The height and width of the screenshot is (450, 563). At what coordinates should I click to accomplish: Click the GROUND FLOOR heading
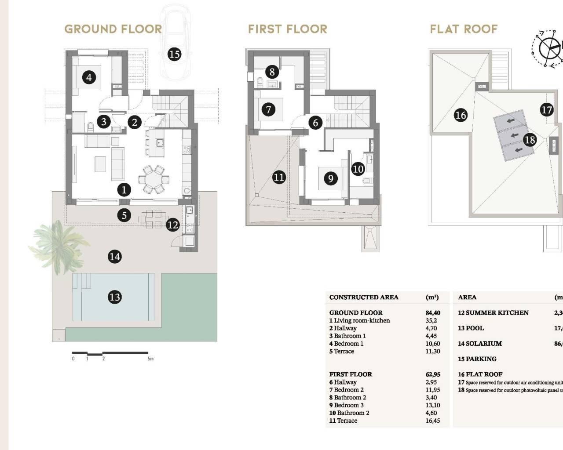coord(113,29)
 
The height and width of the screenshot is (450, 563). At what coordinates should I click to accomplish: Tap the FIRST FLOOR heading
coord(288,29)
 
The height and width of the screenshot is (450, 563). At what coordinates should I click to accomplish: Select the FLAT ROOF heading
coord(464,29)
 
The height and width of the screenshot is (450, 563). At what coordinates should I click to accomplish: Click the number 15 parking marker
coord(174,54)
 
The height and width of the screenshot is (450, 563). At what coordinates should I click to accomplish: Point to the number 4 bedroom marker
coord(89,78)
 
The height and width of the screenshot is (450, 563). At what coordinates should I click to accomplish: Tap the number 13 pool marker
coord(114,297)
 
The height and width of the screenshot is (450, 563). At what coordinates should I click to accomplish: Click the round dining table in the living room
coord(154,179)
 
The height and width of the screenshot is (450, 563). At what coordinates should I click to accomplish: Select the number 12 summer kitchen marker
coord(173,225)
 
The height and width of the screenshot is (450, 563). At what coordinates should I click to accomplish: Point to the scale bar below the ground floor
coord(110,353)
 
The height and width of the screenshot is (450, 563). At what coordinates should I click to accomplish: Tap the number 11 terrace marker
coord(279,177)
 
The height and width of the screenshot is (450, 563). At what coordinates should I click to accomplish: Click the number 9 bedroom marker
coord(330,178)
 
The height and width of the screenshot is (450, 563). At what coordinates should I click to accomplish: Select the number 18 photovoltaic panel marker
coord(530,140)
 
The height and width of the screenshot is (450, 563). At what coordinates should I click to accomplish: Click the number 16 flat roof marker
coord(461,115)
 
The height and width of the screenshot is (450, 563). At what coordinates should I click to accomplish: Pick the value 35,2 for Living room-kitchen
coord(431,320)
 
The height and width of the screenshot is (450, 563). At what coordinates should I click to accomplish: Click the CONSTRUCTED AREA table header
coord(364,298)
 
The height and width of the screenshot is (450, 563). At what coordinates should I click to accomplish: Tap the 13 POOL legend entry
coord(471,328)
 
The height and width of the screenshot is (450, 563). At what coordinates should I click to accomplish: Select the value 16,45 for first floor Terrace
coord(433,421)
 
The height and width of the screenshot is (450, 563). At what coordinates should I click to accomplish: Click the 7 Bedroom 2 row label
coord(347,390)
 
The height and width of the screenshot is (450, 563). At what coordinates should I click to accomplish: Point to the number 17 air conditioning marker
coord(546,109)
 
